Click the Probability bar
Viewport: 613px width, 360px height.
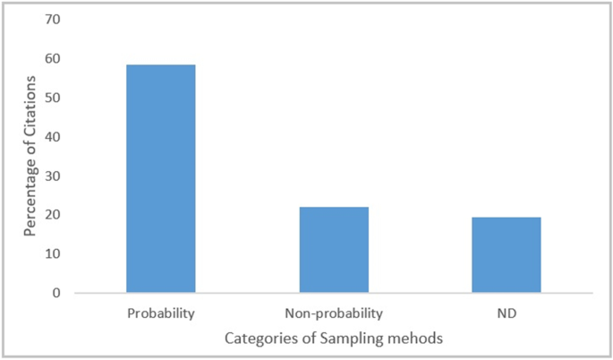(x=161, y=178)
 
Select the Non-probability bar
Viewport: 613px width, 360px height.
(x=334, y=250)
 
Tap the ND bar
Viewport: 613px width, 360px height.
(x=507, y=255)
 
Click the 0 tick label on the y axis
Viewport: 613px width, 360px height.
(x=58, y=293)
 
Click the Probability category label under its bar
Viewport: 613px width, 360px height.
(x=161, y=314)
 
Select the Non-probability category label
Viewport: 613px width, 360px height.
(x=334, y=314)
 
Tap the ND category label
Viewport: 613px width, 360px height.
(x=507, y=314)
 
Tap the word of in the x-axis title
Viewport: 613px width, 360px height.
(x=302, y=339)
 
